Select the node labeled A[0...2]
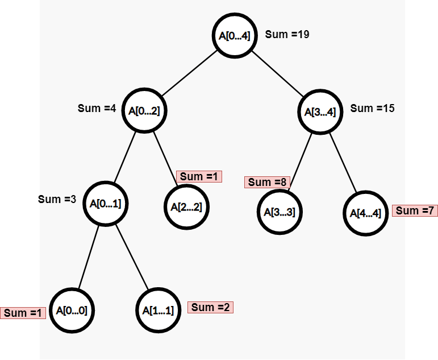[144, 110]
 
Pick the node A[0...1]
[105, 204]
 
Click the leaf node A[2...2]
[187, 206]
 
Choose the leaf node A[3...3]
[279, 212]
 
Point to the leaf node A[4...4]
[366, 214]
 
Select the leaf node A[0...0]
[72, 311]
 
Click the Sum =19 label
[287, 35]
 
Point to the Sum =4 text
[97, 108]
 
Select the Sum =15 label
[373, 108]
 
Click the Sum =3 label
[57, 199]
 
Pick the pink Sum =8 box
[268, 182]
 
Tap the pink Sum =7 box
[415, 210]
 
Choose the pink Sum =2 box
[210, 307]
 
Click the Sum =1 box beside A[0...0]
[23, 313]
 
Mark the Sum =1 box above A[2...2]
[199, 176]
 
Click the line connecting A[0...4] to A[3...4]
[278, 74]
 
